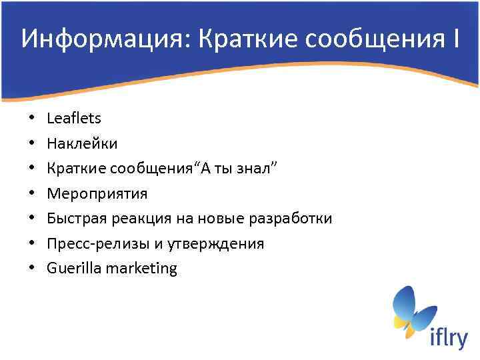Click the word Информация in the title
(96, 39)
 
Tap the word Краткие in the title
(237, 39)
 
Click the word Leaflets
(74, 119)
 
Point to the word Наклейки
(82, 143)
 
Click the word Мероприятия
(97, 194)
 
